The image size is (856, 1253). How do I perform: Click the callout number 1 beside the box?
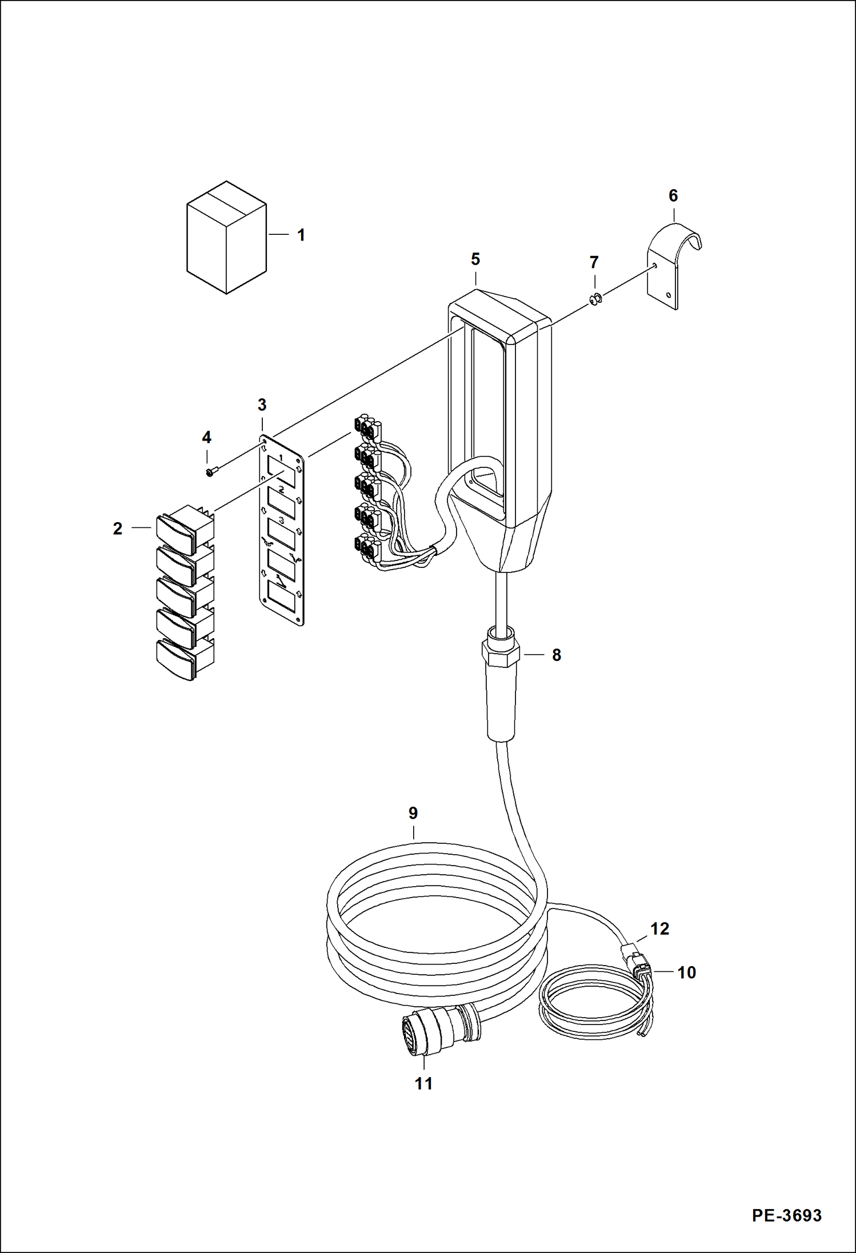click(x=301, y=235)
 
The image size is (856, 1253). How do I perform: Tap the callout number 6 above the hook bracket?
click(x=673, y=196)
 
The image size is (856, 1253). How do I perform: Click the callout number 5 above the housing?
click(x=475, y=259)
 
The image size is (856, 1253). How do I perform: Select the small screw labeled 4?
click(x=210, y=472)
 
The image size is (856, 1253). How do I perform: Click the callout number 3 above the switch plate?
click(x=262, y=405)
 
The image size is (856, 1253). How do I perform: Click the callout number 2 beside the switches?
click(x=118, y=529)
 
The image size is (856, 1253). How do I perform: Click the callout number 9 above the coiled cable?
click(x=413, y=813)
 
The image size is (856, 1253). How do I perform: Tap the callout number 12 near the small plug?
click(x=659, y=929)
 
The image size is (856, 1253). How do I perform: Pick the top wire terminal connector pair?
click(x=367, y=427)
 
